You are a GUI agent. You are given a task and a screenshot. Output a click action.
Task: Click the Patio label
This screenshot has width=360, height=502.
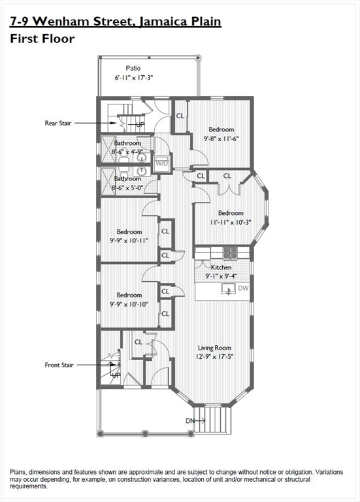point(133,68)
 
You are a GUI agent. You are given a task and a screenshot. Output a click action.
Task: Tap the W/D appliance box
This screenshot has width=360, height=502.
point(161,163)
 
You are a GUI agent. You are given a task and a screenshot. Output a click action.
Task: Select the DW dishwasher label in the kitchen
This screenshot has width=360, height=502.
point(243,288)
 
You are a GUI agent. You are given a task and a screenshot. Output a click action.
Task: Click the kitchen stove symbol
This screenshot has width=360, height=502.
point(230,252)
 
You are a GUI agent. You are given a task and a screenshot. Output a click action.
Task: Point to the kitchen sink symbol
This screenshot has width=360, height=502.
point(228,288)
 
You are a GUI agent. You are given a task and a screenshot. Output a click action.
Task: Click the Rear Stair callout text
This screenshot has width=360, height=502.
point(58,122)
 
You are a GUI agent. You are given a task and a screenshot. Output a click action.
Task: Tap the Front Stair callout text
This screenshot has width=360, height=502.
point(59,365)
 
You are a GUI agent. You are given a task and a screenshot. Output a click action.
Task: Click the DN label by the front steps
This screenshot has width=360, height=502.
point(190,420)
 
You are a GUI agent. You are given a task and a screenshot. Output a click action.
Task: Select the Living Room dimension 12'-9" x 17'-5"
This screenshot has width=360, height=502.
point(215,357)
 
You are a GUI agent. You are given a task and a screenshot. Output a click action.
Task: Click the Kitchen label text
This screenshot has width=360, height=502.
point(221,267)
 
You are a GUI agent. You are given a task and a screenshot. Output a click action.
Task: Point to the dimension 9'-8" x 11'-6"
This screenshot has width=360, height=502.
point(221,139)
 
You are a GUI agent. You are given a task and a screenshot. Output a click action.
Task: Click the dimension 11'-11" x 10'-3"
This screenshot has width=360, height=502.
point(230,222)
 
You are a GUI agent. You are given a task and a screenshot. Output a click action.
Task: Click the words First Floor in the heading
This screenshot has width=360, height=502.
point(42,39)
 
